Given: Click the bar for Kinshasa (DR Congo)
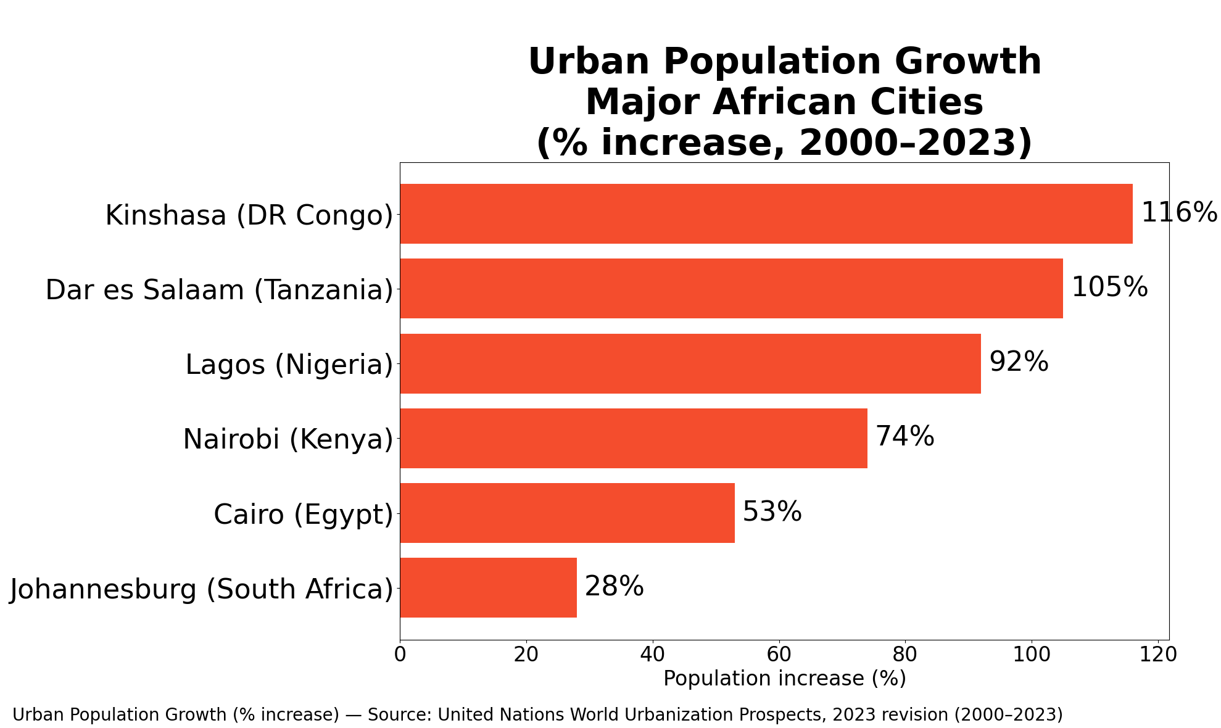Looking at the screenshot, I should tap(766, 213).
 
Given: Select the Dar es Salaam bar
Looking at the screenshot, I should tap(731, 288).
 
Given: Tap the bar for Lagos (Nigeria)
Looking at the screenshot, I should tap(690, 363).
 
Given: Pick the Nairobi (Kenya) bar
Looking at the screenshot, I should tap(633, 438).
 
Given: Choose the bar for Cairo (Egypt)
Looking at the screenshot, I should tap(567, 513).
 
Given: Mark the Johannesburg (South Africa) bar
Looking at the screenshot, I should tap(488, 587).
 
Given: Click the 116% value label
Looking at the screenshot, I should tap(1179, 213).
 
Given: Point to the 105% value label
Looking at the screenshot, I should tap(1109, 288).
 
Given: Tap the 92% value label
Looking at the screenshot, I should tap(1019, 363).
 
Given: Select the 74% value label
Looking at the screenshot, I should tap(905, 437).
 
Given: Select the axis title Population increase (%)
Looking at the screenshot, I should tap(784, 679).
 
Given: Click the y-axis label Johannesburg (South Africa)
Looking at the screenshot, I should tap(202, 589).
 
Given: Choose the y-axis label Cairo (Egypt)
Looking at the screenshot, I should tap(303, 515).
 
